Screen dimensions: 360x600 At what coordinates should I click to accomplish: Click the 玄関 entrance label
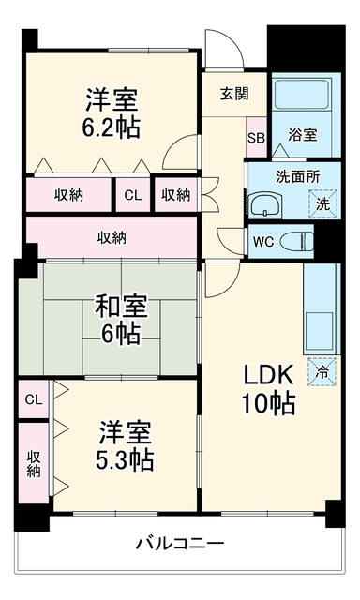(x=234, y=94)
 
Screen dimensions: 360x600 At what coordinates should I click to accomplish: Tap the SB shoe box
(x=256, y=138)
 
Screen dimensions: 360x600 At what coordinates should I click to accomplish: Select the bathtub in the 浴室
(x=302, y=95)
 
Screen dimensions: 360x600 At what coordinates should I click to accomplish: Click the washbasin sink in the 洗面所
(x=266, y=205)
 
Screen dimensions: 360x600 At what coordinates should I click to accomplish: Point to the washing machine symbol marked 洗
(x=322, y=204)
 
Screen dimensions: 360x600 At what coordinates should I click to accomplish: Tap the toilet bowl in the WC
(x=297, y=242)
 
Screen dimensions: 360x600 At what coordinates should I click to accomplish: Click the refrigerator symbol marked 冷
(x=322, y=371)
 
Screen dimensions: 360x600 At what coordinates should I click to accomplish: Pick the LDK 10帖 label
(x=268, y=388)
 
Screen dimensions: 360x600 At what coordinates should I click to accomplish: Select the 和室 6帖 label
(x=121, y=320)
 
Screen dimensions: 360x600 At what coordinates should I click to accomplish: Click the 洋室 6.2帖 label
(x=112, y=112)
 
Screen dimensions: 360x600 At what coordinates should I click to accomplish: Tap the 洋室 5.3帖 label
(x=125, y=446)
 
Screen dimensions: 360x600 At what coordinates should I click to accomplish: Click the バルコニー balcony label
(x=180, y=543)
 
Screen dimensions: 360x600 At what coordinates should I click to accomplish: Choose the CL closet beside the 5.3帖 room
(x=34, y=399)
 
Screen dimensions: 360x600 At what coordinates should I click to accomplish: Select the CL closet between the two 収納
(x=133, y=195)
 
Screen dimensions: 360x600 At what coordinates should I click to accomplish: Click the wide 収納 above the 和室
(x=112, y=237)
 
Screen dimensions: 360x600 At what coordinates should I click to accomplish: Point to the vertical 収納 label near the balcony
(x=34, y=464)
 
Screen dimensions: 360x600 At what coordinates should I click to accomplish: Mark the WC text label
(x=263, y=242)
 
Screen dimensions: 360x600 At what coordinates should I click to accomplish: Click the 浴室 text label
(x=302, y=135)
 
